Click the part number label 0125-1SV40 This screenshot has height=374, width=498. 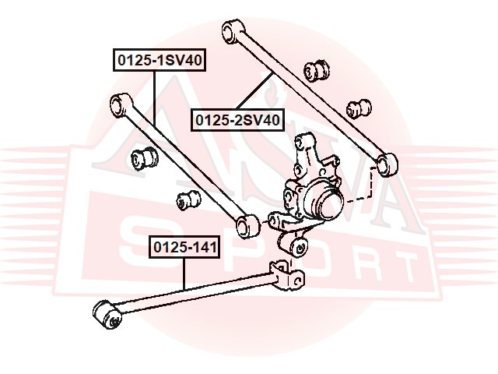(160, 59)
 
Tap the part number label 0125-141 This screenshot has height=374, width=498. (185, 249)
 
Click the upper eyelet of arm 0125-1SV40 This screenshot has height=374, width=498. (120, 104)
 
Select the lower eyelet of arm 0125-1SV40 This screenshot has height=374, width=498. (248, 226)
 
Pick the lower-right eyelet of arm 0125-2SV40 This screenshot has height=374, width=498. (387, 164)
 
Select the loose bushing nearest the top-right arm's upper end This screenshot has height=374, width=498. (318, 68)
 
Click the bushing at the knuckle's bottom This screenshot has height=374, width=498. (298, 248)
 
